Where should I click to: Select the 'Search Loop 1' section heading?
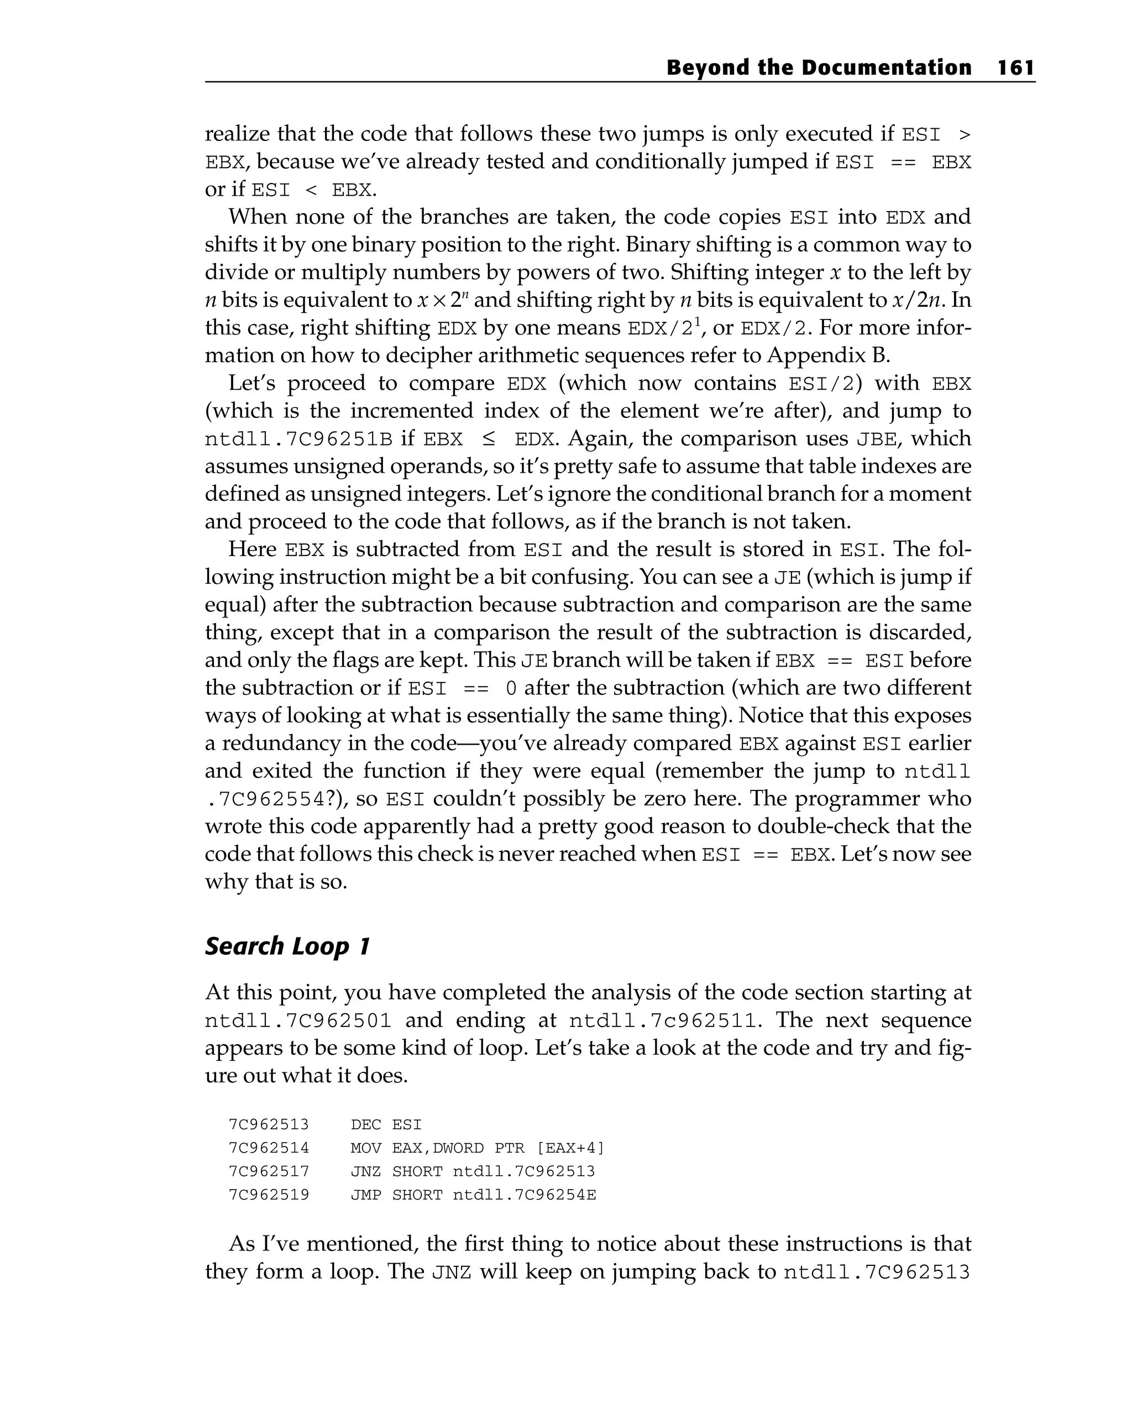pos(287,946)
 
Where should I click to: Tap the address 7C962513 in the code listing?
pos(269,1124)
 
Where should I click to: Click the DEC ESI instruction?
pos(386,1124)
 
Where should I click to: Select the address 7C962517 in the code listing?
pos(269,1171)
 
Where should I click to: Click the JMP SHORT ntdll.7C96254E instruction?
pos(473,1195)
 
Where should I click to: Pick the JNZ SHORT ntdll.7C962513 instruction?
pos(473,1171)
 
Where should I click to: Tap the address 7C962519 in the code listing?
pos(269,1195)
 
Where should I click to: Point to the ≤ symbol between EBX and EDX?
pos(489,439)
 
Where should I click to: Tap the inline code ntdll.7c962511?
pos(663,1021)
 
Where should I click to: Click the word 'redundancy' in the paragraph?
pos(291,743)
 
